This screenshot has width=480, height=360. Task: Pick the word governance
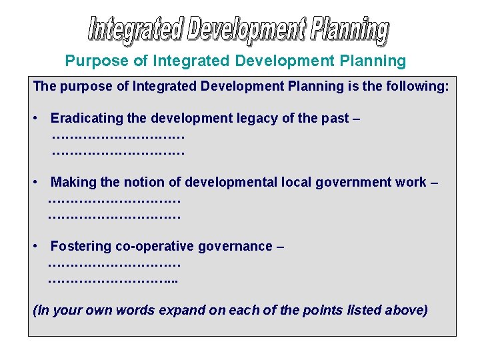click(x=237, y=247)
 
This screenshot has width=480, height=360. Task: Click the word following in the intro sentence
click(x=411, y=87)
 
